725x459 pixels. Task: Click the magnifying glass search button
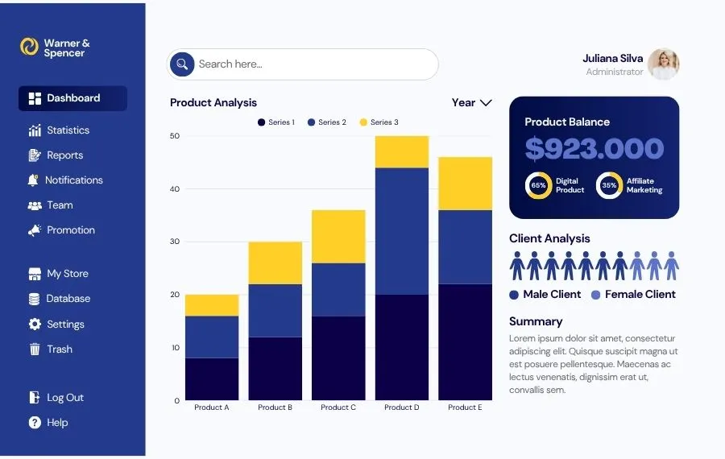182,64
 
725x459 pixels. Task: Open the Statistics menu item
59,130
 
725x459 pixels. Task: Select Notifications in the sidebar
64,180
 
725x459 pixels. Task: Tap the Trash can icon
35,349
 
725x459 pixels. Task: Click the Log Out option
56,398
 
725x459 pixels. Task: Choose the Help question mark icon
35,423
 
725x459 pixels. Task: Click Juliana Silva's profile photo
663,64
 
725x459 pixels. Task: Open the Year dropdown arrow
486,102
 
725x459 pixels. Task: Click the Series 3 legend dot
363,122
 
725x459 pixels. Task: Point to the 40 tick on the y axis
174,188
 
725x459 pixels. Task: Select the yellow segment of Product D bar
402,152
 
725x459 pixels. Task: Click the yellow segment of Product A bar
212,305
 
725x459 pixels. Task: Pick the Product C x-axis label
338,407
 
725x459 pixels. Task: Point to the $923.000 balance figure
594,149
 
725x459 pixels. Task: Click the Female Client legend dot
595,295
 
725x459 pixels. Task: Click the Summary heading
536,322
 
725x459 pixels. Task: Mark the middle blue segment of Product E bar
465,247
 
